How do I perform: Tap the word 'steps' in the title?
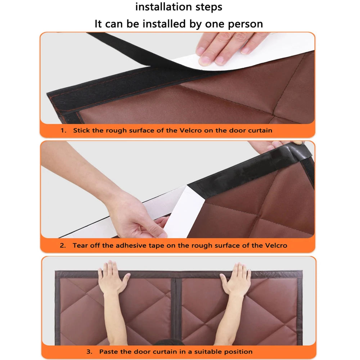click(x=209, y=7)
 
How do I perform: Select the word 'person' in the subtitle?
click(x=245, y=24)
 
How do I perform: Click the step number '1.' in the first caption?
click(x=64, y=130)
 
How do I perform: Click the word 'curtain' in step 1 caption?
click(x=260, y=130)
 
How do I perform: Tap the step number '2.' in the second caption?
click(x=63, y=246)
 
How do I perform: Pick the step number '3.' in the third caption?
click(x=90, y=352)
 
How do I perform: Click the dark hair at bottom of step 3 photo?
click(x=169, y=342)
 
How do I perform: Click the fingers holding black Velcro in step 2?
click(x=275, y=146)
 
